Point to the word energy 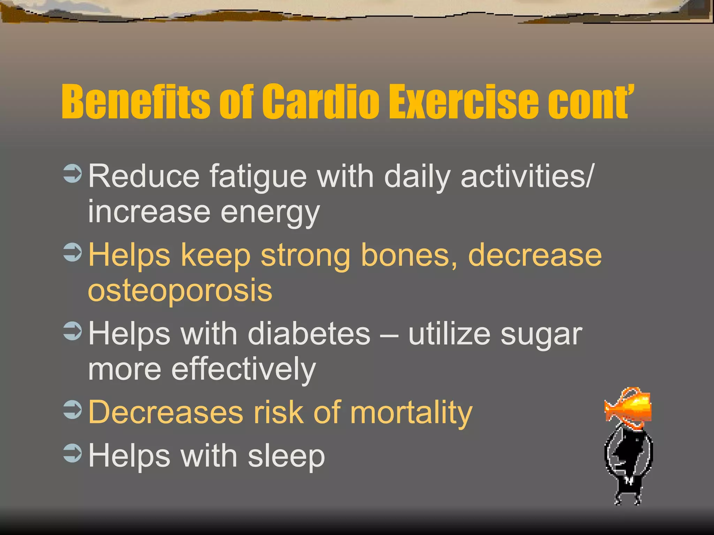pos(270,212)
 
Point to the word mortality pos(411,413)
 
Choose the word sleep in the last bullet pos(286,456)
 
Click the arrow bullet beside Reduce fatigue pos(73,173)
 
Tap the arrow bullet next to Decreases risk pos(73,410)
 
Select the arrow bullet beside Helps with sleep pos(73,453)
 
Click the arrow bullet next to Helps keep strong pos(73,252)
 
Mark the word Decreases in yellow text pos(166,412)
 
